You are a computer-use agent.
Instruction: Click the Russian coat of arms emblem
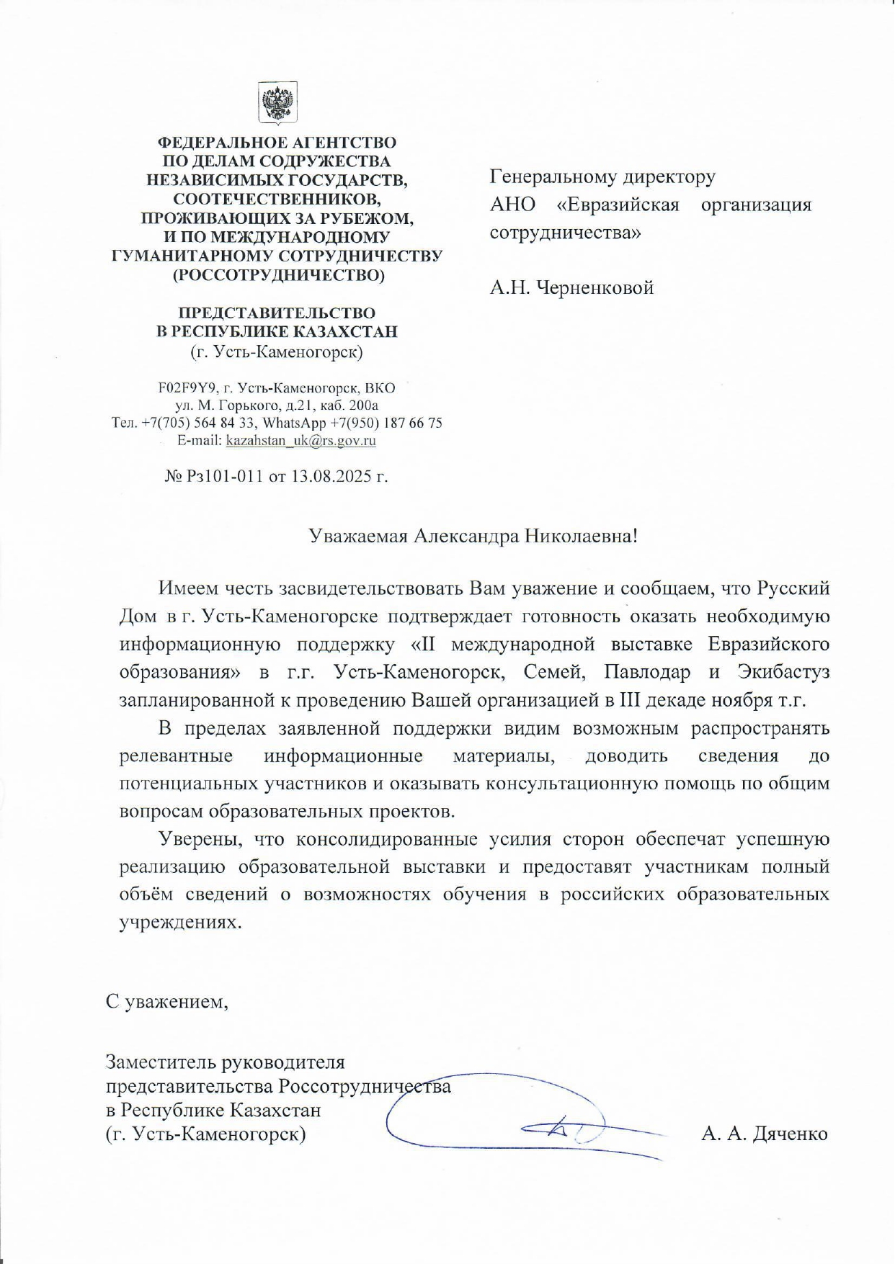(x=277, y=103)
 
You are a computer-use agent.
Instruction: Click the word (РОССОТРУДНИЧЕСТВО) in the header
(x=277, y=275)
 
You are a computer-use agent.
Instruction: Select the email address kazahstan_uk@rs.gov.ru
(x=300, y=441)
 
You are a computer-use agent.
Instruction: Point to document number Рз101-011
(x=224, y=477)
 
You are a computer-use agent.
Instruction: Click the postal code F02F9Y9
(x=182, y=388)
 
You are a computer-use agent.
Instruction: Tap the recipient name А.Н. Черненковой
(x=571, y=288)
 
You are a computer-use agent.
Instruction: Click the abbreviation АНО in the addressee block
(x=512, y=205)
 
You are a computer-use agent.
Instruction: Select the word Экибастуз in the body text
(x=783, y=672)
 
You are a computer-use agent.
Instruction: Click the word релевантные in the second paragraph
(x=176, y=756)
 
